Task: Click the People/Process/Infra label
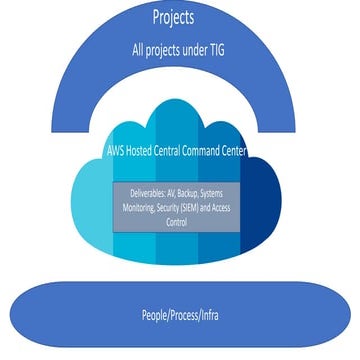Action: [x=180, y=316]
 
